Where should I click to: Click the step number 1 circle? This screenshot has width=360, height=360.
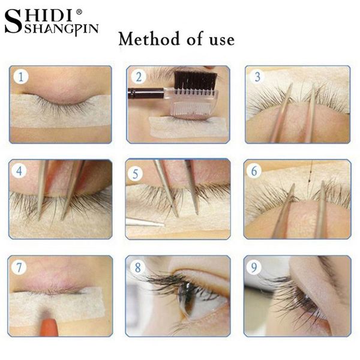[22, 76]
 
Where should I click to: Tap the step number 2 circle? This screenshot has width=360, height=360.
[139, 76]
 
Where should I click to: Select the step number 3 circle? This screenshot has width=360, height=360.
[257, 76]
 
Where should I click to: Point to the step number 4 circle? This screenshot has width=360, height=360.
[20, 170]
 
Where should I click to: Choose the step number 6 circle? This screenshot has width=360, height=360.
[256, 170]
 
